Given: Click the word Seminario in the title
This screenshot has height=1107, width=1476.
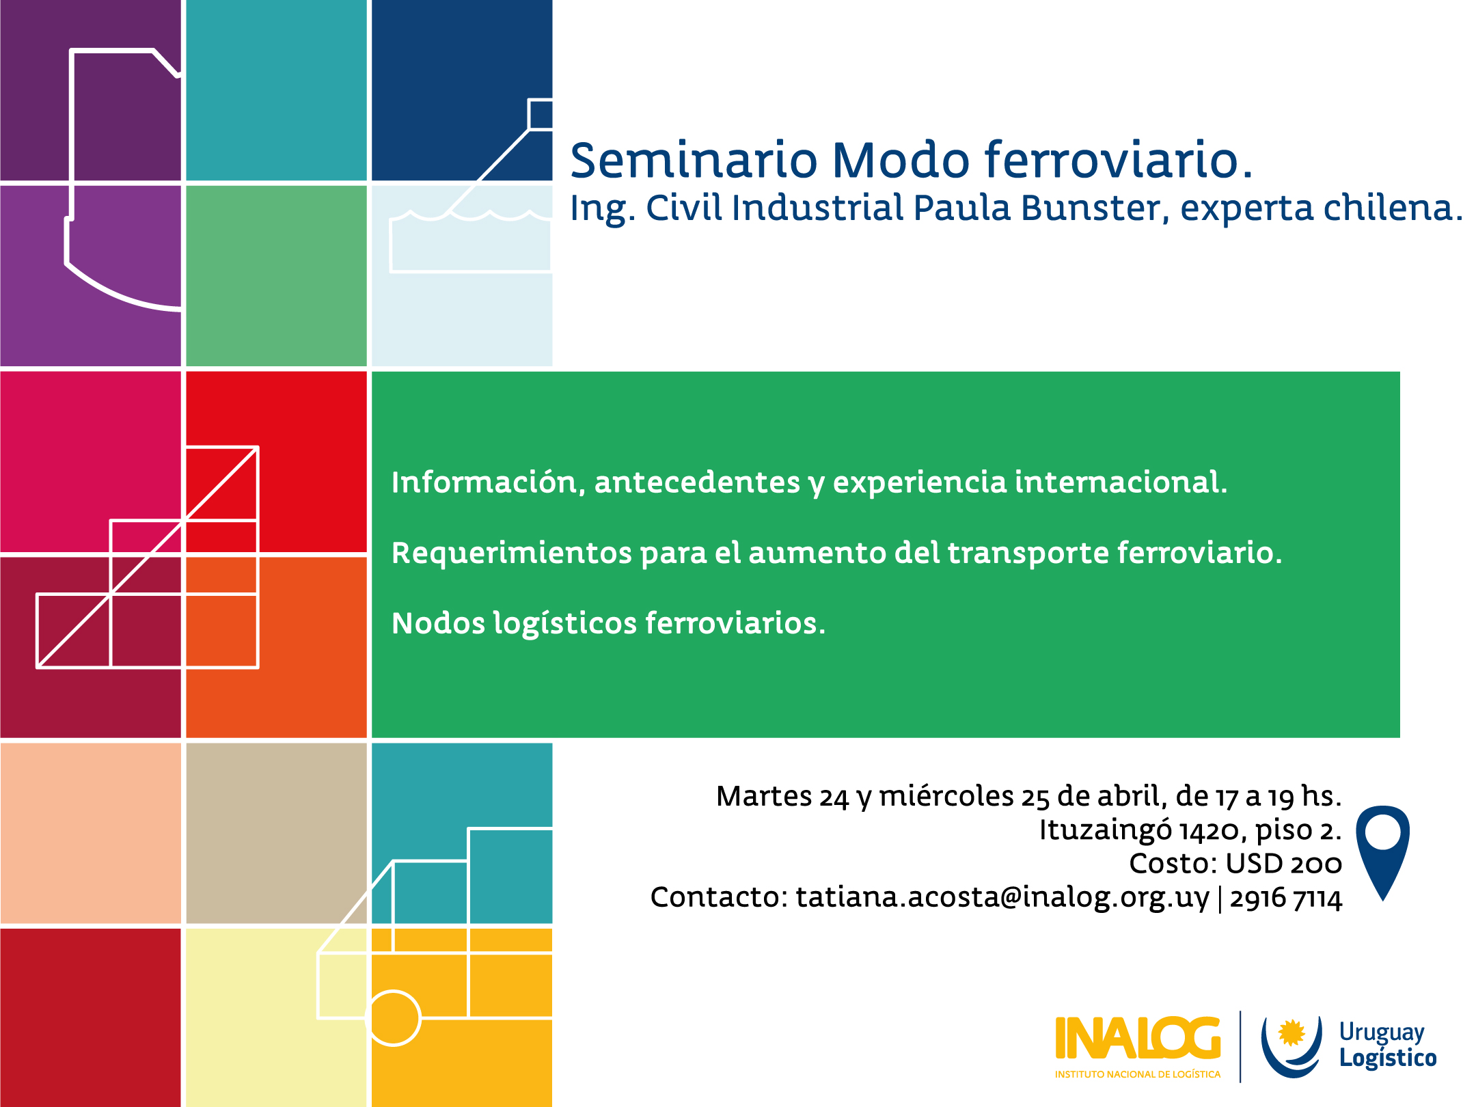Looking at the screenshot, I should [694, 161].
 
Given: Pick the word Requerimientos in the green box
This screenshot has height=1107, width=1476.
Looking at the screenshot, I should [511, 553].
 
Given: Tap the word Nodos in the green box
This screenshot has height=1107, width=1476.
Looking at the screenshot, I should [438, 623].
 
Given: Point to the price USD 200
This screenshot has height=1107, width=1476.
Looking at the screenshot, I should [1283, 864].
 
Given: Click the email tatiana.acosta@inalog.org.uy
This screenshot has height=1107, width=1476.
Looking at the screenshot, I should [1002, 897].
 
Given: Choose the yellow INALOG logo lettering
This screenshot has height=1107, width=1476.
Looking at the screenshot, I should [1137, 1039].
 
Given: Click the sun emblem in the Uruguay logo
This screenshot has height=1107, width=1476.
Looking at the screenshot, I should [1291, 1033].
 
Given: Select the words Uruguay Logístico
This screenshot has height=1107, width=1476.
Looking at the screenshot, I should [1387, 1045].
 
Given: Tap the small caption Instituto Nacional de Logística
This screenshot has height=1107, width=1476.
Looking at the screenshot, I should [1137, 1075].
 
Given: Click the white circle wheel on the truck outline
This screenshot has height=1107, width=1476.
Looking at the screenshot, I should [394, 1018].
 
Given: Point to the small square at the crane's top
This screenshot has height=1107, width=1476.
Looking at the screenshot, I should [541, 114].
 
